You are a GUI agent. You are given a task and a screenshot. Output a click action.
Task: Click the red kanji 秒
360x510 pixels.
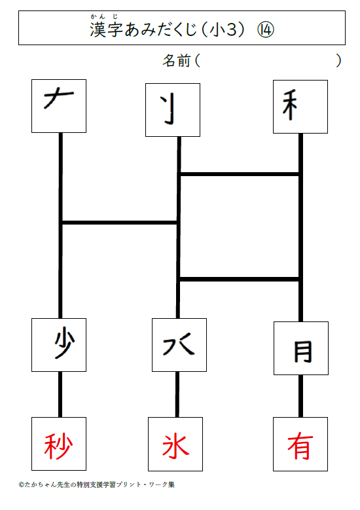coord(58,446)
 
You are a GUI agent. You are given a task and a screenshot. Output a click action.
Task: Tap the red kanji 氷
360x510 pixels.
coord(175,446)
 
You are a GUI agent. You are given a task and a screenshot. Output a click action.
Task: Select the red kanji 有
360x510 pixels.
coord(300,446)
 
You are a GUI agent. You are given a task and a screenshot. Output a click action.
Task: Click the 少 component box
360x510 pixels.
coord(59,345)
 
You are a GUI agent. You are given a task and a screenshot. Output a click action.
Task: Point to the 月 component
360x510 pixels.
coord(303,352)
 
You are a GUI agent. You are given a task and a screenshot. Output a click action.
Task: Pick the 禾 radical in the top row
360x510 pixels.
coord(290,105)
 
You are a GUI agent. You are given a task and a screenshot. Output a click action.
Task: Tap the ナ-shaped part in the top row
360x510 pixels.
coord(58,98)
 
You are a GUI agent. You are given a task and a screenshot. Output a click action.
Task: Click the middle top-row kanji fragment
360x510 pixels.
coord(170,109)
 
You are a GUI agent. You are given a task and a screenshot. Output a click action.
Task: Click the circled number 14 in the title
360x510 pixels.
coord(266,30)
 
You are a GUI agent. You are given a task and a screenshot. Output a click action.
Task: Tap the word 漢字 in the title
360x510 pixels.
coord(106,29)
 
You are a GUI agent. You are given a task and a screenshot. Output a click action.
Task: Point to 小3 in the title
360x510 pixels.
coord(223,30)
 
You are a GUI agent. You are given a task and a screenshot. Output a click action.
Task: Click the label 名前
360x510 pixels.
coord(177,61)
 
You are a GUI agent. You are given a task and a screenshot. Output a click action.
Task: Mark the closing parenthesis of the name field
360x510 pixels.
coord(338,61)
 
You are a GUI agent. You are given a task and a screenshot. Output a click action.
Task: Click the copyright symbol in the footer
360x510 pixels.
coord(21,484)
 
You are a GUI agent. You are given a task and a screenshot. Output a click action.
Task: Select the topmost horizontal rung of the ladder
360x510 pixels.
coord(240,174)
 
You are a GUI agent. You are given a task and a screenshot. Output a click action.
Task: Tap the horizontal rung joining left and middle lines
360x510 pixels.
coord(119,223)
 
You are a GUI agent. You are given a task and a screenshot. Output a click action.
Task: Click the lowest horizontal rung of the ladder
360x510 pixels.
coord(240,279)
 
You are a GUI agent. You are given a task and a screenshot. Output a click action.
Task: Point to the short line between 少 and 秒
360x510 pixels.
coord(60,394)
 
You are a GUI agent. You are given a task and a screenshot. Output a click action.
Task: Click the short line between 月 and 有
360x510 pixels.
coord(301,396)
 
